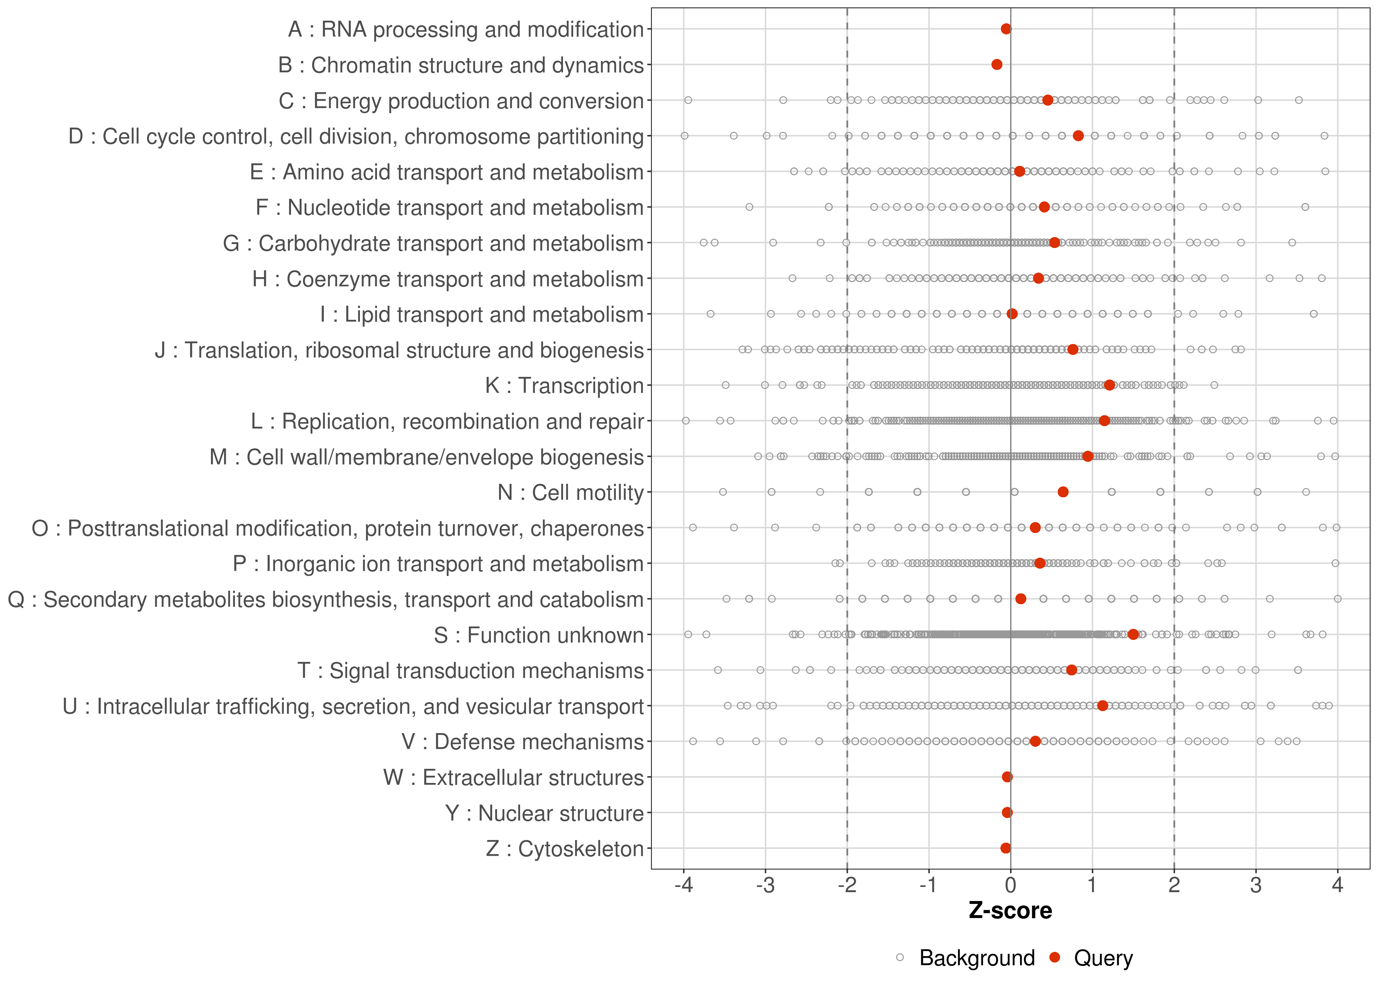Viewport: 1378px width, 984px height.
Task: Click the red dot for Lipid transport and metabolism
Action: coord(1012,314)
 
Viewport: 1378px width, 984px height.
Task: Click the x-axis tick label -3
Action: coord(765,886)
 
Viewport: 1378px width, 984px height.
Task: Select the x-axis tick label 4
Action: coord(1337,886)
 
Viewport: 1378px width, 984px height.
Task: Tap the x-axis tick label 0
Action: coord(1010,886)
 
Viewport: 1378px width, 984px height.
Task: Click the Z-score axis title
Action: coord(1010,911)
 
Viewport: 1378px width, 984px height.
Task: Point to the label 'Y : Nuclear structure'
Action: coord(544,813)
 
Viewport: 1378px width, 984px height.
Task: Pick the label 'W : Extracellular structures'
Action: coord(513,777)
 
